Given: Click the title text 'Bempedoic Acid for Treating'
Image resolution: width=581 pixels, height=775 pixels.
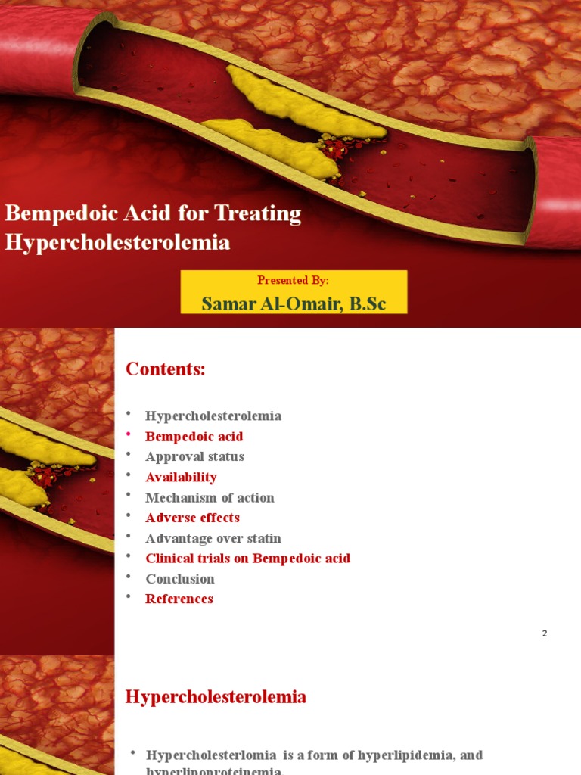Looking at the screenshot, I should coord(154,213).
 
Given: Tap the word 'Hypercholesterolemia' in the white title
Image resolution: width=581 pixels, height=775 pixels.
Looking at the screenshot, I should coord(117,242).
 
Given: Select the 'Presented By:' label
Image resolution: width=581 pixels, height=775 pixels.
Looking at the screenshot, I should coord(293,280).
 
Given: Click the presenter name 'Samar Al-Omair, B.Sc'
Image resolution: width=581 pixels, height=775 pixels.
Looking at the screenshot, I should coord(294,303).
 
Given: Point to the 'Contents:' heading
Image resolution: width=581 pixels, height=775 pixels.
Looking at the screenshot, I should coord(165,369).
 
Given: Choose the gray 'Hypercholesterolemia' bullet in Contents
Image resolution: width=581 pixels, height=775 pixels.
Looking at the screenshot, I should coord(213,416).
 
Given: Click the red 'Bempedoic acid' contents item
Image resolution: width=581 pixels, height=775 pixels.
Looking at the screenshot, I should coord(194,436).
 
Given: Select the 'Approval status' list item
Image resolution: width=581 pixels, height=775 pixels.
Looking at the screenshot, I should coord(194,456).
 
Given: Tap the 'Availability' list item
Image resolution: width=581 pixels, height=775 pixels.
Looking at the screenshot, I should coord(181,477).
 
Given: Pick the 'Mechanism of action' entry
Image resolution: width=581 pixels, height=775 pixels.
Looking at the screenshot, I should coord(210,497).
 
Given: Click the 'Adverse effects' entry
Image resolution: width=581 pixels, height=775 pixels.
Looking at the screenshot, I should coord(192,518).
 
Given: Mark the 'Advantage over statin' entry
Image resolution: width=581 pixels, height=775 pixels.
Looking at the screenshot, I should coord(213,538).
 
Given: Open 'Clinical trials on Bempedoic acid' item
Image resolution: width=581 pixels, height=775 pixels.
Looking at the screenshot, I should coord(248,559).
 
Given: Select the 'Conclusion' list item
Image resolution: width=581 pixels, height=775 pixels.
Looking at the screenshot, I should coord(180,579).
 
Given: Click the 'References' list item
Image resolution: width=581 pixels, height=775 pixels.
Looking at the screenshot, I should coord(179,599).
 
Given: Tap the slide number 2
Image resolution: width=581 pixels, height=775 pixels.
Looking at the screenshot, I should coord(544,633).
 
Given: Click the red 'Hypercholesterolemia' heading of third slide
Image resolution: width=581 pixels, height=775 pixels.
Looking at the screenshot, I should coord(216,696).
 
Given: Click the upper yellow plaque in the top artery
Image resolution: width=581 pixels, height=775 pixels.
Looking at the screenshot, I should coord(303,102).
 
